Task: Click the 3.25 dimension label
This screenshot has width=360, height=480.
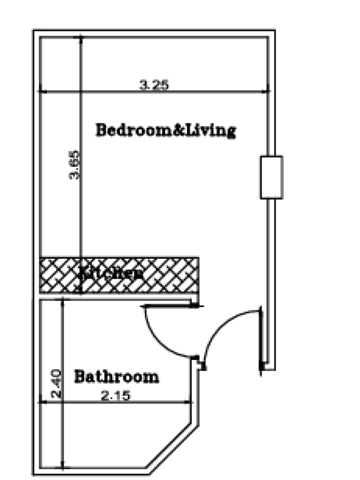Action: click(154, 85)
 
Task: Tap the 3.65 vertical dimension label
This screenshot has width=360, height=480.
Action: click(75, 165)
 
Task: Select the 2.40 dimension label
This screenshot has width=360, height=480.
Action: click(56, 384)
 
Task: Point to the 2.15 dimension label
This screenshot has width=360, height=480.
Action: click(115, 396)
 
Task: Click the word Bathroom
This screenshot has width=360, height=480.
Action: click(117, 376)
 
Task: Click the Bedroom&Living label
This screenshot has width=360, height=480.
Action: click(165, 130)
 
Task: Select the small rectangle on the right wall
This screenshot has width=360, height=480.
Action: click(271, 177)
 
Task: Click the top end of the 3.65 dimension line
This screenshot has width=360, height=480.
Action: click(81, 37)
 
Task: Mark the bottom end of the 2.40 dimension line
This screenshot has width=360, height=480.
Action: click(62, 467)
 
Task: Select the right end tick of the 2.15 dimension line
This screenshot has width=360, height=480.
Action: click(193, 402)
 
